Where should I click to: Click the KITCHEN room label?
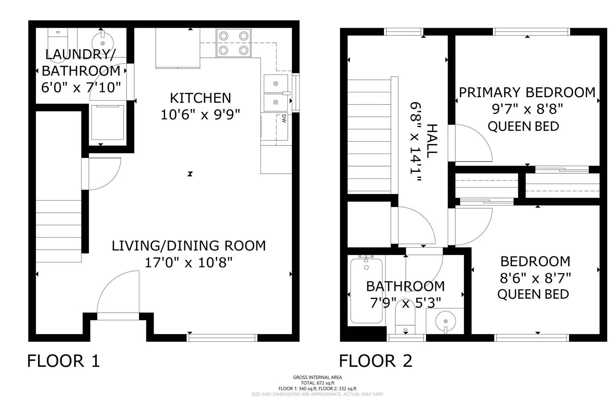tap(200, 98)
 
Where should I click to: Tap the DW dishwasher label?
tap(284, 119)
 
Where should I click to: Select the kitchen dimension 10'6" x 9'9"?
tap(200, 115)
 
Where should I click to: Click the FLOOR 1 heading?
tap(63, 361)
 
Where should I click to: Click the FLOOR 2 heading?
tap(375, 361)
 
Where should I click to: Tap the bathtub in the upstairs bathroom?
tap(366, 290)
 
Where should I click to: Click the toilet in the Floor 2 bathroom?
tap(405, 318)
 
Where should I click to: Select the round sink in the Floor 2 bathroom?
tap(445, 321)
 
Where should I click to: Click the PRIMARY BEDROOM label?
tap(527, 92)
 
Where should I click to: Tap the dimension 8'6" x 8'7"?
tap(535, 278)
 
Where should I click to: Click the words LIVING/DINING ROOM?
tap(189, 246)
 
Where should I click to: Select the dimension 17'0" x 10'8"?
tap(189, 263)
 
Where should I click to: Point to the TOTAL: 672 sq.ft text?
tap(317, 383)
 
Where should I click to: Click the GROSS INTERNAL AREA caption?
tap(317, 377)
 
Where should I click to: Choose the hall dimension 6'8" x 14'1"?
tap(416, 142)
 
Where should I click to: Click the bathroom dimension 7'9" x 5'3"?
tap(405, 303)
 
